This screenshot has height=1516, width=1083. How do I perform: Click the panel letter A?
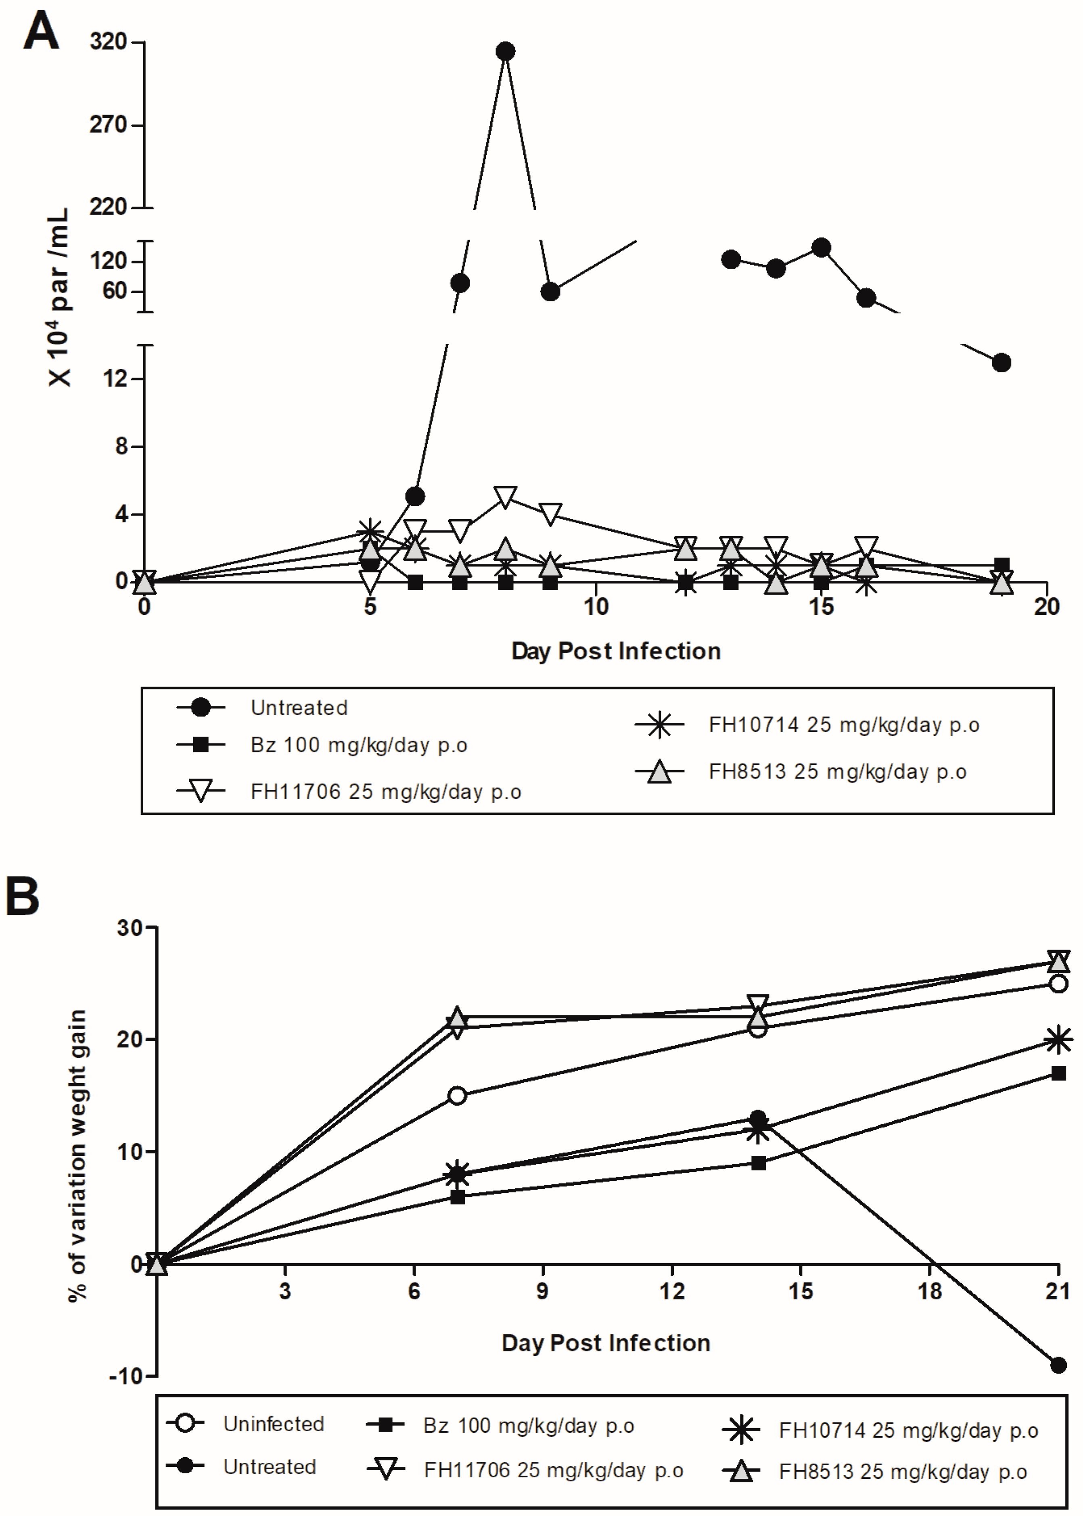41,31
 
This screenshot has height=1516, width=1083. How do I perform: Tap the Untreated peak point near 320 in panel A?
506,51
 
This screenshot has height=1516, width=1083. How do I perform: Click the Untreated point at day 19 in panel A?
1001,363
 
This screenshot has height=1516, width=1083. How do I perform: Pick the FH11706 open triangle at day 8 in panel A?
506,497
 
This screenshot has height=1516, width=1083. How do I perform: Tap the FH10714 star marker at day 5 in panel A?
370,531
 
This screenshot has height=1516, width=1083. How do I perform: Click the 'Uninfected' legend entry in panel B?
274,1424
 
